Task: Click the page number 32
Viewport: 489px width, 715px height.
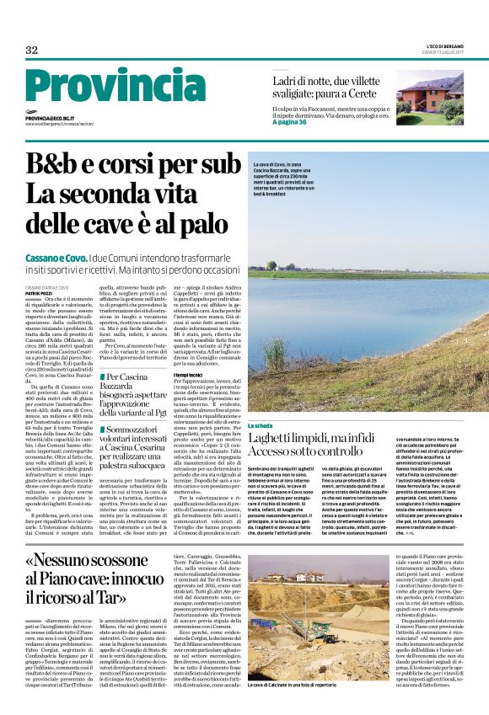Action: pyautogui.click(x=31, y=50)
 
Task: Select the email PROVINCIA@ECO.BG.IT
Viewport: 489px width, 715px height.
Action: pyautogui.click(x=50, y=120)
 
